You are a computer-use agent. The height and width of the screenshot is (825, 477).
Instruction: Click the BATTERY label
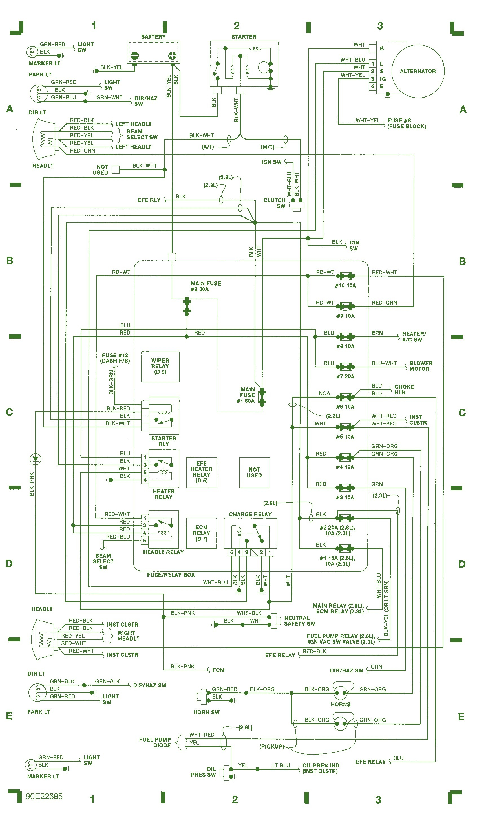(x=153, y=37)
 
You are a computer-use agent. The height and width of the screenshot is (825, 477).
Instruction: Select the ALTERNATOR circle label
(x=418, y=71)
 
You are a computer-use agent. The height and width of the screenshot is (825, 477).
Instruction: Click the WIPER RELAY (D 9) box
(x=160, y=366)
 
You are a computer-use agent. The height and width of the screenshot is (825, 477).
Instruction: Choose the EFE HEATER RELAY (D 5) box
(x=201, y=472)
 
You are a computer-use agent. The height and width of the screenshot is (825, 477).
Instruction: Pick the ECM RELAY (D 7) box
(x=201, y=533)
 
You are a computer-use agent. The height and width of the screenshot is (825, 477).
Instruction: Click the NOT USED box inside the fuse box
(x=254, y=472)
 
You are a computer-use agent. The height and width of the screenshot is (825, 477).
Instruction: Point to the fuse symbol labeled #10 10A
(x=345, y=276)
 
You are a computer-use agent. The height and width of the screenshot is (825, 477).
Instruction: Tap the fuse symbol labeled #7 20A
(x=345, y=367)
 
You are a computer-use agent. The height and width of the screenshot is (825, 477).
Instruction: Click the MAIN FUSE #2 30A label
(x=206, y=286)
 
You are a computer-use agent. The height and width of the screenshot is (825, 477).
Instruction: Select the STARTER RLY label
(x=163, y=441)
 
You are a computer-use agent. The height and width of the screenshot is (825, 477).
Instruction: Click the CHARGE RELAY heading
(x=250, y=514)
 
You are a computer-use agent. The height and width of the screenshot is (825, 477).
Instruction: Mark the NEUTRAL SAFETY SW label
(x=299, y=621)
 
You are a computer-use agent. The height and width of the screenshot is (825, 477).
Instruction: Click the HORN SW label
(x=206, y=712)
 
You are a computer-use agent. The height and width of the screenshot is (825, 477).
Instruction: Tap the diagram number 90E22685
(x=44, y=796)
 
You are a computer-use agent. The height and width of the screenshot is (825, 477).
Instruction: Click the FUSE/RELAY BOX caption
(x=171, y=575)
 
